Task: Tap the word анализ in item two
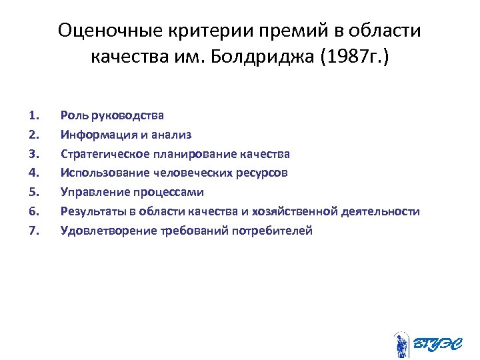173,135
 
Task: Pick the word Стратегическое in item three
101,154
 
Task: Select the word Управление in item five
90,192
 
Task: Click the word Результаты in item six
89,211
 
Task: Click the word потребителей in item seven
279,231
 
